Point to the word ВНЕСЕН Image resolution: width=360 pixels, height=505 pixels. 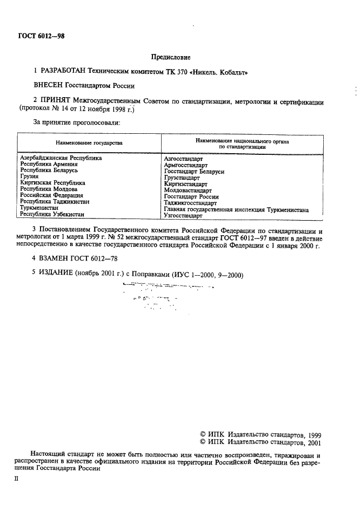pyautogui.click(x=48, y=86)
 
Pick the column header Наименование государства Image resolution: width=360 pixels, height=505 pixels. pyautogui.click(x=89, y=143)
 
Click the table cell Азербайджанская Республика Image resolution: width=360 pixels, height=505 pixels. pyautogui.click(x=61, y=159)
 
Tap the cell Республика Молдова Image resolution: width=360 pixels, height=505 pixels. pyautogui.click(x=49, y=189)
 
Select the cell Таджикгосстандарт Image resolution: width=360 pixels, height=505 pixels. pyautogui.click(x=190, y=203)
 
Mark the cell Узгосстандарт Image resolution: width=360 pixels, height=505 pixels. pyautogui.click(x=183, y=215)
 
